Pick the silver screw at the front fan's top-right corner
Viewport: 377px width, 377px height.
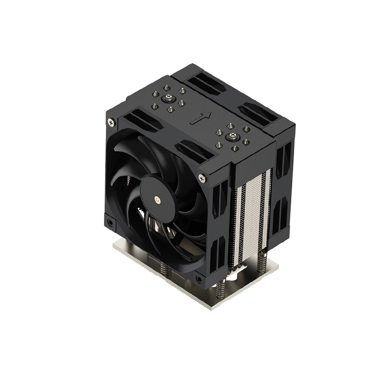(x=202, y=178)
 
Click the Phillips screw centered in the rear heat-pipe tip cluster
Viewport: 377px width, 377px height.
(x=168, y=99)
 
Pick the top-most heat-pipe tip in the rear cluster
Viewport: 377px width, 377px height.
(x=168, y=87)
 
